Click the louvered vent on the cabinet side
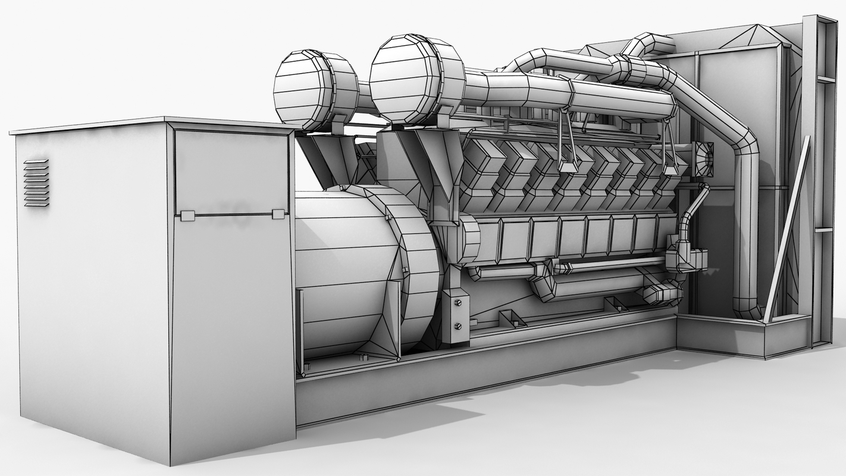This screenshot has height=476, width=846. click(x=36, y=183)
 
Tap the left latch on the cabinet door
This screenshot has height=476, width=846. click(x=187, y=215)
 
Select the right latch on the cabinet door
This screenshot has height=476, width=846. click(x=278, y=214)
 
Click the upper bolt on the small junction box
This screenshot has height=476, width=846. click(x=457, y=303)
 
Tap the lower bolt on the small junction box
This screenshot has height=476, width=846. click(x=457, y=326)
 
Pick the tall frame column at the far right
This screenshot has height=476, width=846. click(x=824, y=178)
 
